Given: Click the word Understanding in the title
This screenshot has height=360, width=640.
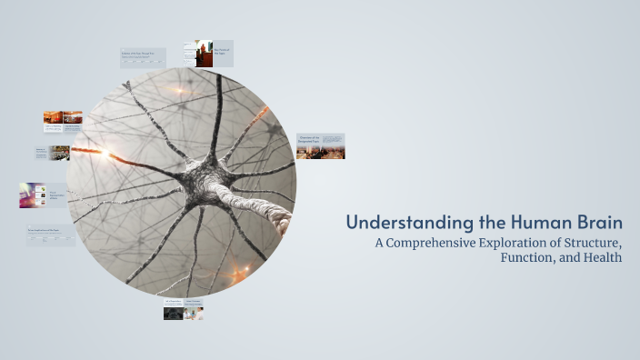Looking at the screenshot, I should click(396, 223).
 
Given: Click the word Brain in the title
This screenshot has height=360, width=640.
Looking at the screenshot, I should click(598, 223).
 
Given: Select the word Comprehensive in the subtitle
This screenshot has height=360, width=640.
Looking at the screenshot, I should click(437, 243).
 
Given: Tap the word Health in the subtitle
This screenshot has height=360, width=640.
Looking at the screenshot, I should click(604, 257).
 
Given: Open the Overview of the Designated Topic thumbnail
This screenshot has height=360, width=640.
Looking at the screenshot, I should click(320, 145).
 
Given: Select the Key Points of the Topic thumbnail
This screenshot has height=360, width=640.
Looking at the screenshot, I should click(214, 53).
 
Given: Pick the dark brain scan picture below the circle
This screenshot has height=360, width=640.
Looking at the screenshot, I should click(173, 313).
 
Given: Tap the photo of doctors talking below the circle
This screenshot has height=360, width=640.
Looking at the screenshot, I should click(194, 313).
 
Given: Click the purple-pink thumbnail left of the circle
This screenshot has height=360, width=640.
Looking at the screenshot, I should click(30, 195).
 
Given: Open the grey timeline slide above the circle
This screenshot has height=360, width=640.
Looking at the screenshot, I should click(143, 57).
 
